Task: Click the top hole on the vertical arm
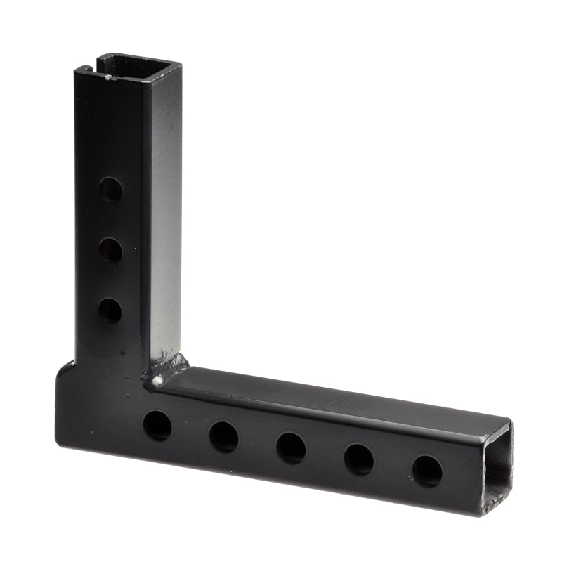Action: (x=110, y=189)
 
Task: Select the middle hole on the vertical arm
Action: (x=110, y=249)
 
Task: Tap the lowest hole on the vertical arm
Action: (x=109, y=309)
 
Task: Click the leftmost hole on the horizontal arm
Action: (x=157, y=426)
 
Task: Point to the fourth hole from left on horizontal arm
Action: (x=359, y=459)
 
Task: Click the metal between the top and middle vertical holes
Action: (x=110, y=219)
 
